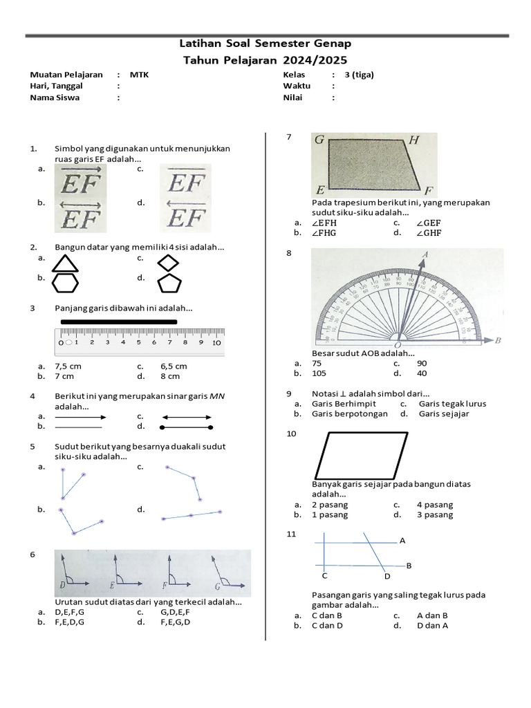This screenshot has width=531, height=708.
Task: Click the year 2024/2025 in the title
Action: click(315, 60)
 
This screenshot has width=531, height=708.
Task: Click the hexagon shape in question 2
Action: click(66, 283)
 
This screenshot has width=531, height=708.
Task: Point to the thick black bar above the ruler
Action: click(119, 322)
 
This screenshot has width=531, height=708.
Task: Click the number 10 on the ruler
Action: click(216, 342)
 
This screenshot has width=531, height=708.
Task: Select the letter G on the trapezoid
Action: click(319, 140)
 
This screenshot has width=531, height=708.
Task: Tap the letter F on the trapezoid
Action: click(429, 190)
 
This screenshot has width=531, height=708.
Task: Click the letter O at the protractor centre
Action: click(398, 344)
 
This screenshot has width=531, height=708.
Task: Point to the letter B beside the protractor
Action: click(497, 340)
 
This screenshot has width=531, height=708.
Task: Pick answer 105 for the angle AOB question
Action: click(319, 373)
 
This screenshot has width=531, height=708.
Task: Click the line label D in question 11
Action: click(387, 576)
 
